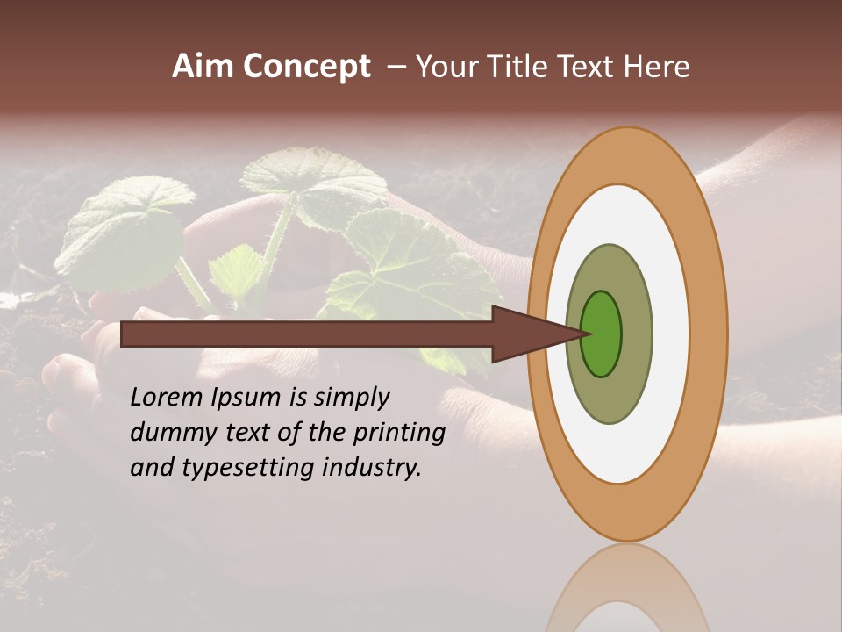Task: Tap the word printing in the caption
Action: [x=400, y=434]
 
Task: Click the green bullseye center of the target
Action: [x=603, y=334]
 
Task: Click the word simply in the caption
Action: [x=352, y=399]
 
